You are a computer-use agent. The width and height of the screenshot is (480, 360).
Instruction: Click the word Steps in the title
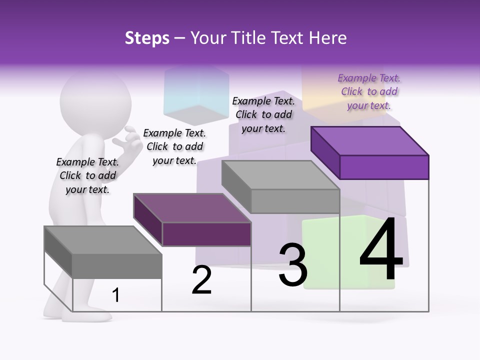(x=147, y=38)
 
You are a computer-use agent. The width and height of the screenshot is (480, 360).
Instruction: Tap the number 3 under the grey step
(x=292, y=265)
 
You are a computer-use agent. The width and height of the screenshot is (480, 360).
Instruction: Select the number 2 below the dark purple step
(x=201, y=280)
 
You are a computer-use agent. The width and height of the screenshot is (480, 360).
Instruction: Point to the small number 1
(x=116, y=295)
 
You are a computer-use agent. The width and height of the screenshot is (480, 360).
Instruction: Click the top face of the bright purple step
(x=370, y=140)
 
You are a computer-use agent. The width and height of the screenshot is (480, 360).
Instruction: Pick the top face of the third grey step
(x=281, y=175)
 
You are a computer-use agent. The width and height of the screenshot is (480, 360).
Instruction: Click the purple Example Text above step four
(x=369, y=91)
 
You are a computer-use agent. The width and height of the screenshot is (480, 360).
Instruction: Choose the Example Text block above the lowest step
(x=87, y=175)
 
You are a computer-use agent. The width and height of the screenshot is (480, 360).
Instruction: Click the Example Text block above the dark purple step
(x=174, y=146)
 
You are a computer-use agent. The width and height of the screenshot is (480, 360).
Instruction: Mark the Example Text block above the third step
(x=263, y=114)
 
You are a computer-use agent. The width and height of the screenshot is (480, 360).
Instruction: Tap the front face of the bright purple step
(x=384, y=167)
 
